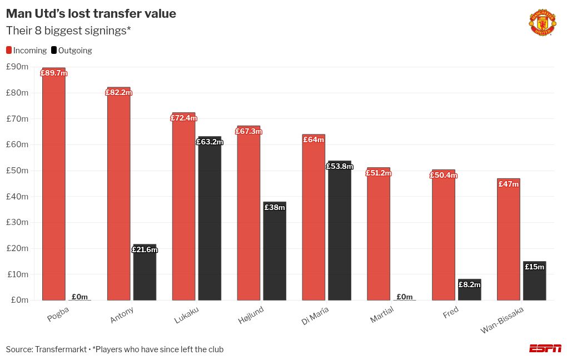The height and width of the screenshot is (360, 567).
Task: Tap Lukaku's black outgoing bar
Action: tap(210, 222)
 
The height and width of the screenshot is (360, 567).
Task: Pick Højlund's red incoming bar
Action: tap(248, 217)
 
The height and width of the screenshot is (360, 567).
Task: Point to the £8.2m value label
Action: tap(469, 284)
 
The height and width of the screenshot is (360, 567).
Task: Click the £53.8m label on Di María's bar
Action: tap(340, 166)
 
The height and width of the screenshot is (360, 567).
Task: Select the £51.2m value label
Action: tap(379, 173)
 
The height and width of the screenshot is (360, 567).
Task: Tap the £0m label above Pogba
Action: tap(79, 297)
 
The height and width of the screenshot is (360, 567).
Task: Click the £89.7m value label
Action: tap(54, 73)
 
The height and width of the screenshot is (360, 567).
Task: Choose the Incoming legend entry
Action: tap(26, 51)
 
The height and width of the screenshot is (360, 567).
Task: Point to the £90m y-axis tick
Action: tap(17, 67)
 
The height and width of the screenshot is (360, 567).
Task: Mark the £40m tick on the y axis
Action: tap(17, 197)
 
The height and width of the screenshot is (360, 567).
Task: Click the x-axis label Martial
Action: tap(381, 314)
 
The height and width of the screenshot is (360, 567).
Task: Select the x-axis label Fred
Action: tap(450, 313)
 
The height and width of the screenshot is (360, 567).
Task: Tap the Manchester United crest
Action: tap(541, 23)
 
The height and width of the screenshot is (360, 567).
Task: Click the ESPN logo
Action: tap(545, 348)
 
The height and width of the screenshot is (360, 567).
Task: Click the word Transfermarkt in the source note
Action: tap(61, 349)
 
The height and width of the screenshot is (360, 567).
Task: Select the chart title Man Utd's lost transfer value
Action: tap(91, 13)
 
